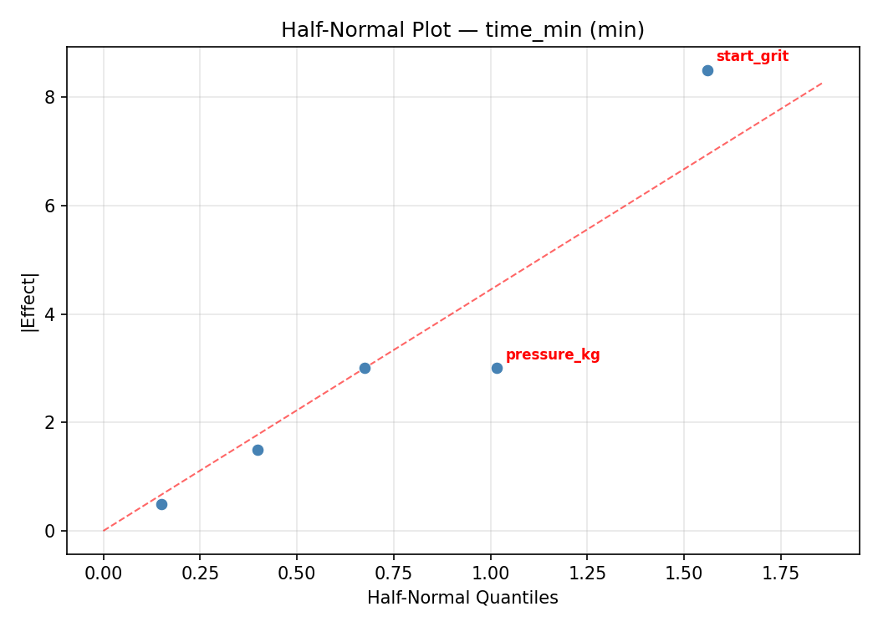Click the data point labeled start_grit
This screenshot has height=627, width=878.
coord(707,70)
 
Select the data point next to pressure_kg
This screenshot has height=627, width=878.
coord(497,368)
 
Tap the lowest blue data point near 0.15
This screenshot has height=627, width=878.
coord(161,504)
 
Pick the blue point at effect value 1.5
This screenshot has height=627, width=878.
coord(258,450)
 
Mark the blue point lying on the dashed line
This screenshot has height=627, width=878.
coord(365,368)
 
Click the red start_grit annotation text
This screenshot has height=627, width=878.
coord(752,57)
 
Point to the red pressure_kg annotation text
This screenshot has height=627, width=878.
coord(553,354)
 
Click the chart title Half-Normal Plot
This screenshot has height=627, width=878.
coord(462,30)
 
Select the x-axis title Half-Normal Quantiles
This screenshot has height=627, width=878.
coord(462,598)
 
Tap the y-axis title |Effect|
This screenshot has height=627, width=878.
coord(29,302)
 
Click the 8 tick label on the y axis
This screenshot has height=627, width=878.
coord(50,97)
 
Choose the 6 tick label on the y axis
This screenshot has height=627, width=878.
coord(50,206)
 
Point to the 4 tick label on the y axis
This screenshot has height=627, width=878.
coord(50,314)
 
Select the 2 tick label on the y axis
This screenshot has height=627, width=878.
coord(50,422)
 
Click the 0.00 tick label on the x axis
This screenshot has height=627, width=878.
coord(104,573)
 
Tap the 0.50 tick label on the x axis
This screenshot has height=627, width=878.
coord(297,573)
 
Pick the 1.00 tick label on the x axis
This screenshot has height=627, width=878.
coord(490,573)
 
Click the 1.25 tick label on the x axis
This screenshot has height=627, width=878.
coord(587,573)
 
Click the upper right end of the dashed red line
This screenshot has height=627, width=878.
coord(822,83)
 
